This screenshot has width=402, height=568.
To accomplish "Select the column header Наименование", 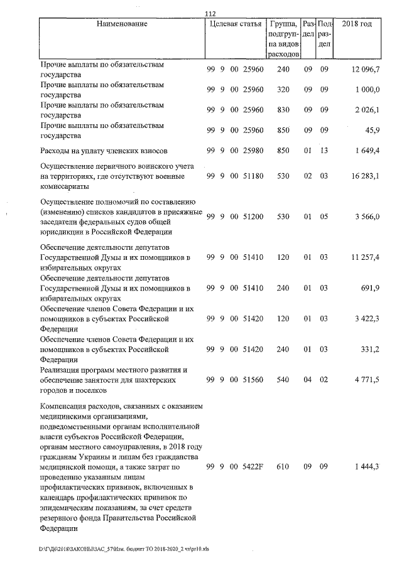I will coord(122,24).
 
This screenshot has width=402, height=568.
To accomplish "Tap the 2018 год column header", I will coord(356,24).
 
